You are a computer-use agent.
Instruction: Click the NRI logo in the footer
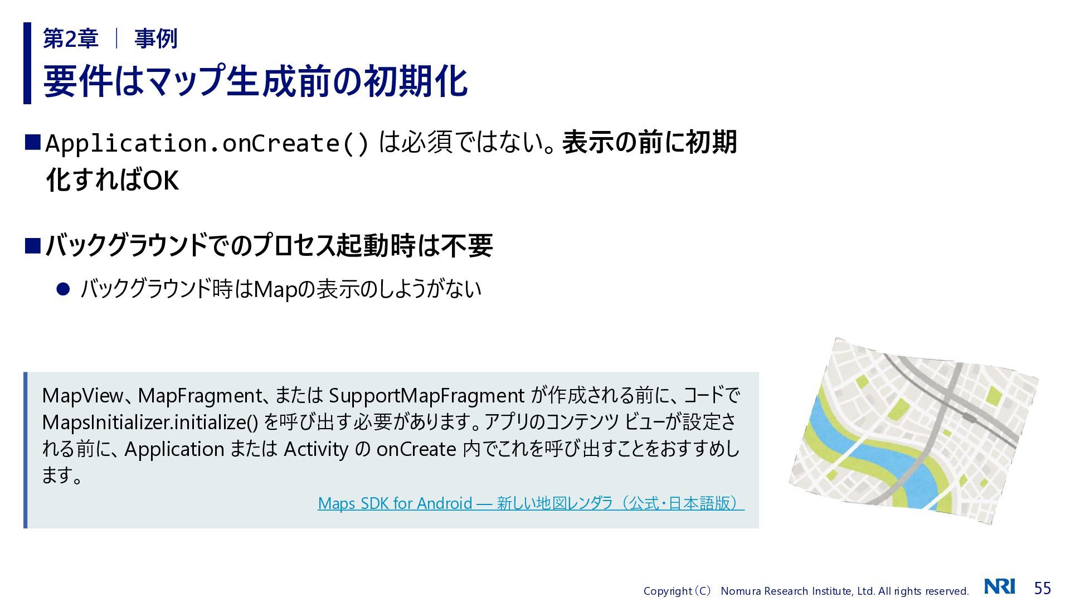click(x=999, y=586)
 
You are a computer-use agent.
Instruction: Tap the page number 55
click(x=1042, y=588)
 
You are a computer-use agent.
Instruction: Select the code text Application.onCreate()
click(x=207, y=144)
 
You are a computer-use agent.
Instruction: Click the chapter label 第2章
click(x=71, y=38)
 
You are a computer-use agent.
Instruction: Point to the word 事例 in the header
click(x=156, y=38)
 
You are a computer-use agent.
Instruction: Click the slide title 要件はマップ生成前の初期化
click(x=255, y=81)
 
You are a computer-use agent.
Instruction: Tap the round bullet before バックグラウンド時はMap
click(x=63, y=289)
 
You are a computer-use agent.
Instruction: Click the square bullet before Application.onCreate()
click(x=33, y=142)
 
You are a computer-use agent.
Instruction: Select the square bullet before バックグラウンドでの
click(x=33, y=245)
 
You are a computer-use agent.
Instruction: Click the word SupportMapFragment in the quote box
click(x=426, y=396)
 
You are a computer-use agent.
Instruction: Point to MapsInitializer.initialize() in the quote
click(x=150, y=422)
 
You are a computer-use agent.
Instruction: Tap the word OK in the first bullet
click(x=161, y=181)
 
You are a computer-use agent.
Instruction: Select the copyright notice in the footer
click(x=806, y=591)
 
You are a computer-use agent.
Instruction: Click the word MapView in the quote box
click(x=82, y=396)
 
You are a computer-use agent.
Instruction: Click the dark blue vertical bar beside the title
click(x=27, y=63)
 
